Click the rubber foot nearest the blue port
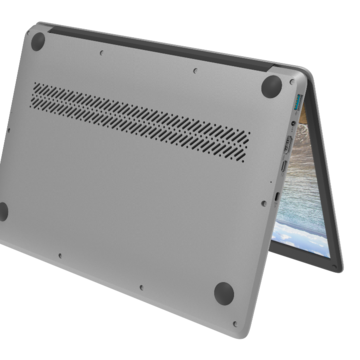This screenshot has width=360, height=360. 272,86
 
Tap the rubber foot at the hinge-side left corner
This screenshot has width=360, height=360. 38,41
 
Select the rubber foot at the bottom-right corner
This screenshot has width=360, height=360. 224,293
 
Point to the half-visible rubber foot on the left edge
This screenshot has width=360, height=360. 3,211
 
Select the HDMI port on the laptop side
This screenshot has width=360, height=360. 287,150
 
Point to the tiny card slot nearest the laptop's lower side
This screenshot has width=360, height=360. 276,199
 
